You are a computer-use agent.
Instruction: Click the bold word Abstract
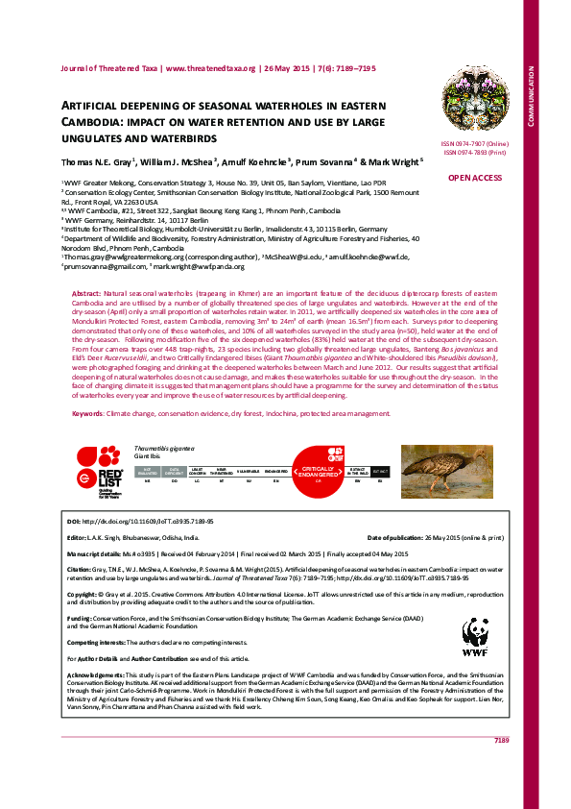coord(86,290)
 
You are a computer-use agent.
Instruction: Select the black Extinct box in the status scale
coord(380,472)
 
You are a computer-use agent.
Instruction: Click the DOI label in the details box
coord(73,520)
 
